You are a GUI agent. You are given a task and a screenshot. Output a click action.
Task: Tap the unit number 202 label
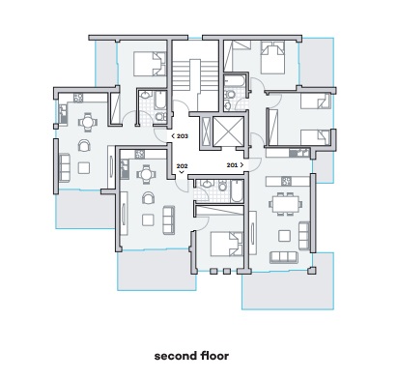(x=182, y=166)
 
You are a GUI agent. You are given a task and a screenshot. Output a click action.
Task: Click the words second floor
(x=191, y=356)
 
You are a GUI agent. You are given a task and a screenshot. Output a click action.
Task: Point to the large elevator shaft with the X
(x=229, y=131)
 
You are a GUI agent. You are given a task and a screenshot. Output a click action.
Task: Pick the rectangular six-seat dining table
(x=286, y=204)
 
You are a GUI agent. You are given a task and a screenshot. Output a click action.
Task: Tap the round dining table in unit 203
(x=87, y=122)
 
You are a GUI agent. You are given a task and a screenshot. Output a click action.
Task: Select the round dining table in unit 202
(x=146, y=174)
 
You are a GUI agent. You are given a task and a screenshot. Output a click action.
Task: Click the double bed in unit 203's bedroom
(x=150, y=64)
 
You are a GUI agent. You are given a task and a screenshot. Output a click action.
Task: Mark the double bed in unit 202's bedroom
(x=227, y=244)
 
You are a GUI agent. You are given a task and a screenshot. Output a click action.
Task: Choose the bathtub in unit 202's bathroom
(x=237, y=191)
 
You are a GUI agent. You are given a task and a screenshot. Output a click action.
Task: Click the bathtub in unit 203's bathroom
(x=160, y=101)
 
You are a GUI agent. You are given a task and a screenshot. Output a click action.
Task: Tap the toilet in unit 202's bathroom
(x=222, y=186)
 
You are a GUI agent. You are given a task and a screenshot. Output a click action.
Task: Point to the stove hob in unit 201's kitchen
(x=286, y=181)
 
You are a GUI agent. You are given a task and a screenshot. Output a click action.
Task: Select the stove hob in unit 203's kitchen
(x=78, y=98)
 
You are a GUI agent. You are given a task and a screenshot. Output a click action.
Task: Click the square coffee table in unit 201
(x=284, y=236)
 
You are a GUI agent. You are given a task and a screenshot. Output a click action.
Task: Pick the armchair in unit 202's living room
(x=148, y=197)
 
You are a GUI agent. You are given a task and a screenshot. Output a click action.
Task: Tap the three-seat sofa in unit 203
(x=65, y=168)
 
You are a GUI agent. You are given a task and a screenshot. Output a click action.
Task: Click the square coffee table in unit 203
(x=84, y=168)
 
